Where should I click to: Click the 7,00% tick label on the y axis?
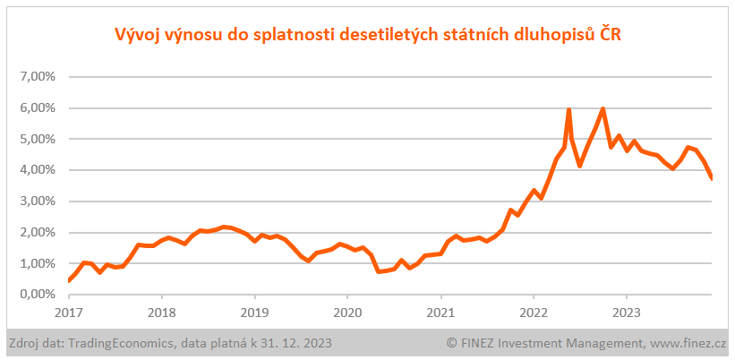tap(38, 76)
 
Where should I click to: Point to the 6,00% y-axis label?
tap(38, 107)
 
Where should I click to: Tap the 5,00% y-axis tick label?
tap(38, 139)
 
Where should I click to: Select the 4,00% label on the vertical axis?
tap(38, 169)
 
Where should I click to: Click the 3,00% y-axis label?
tap(38, 201)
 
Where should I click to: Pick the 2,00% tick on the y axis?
tap(38, 232)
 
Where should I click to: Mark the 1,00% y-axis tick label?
tap(38, 263)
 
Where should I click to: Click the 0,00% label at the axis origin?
tap(38, 294)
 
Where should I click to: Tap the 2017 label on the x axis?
tap(69, 313)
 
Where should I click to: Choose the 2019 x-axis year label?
tap(254, 313)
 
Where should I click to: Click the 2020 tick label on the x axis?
tap(347, 313)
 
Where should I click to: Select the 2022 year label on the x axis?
tap(533, 313)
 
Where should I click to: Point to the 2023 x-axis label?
tap(626, 313)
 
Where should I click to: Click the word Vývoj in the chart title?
tap(138, 35)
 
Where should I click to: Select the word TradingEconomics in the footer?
tap(124, 343)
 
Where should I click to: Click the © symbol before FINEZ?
tap(452, 343)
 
